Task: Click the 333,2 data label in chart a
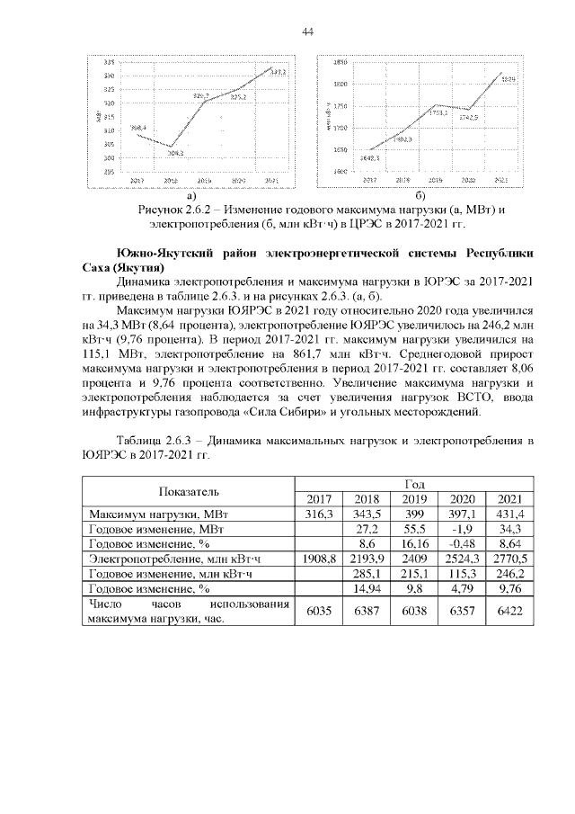click(278, 71)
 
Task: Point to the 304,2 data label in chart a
click(175, 153)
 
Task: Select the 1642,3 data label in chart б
click(369, 157)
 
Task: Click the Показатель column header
click(189, 491)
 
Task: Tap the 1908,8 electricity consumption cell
click(318, 560)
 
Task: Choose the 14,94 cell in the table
click(366, 591)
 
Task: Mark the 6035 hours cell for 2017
click(318, 613)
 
